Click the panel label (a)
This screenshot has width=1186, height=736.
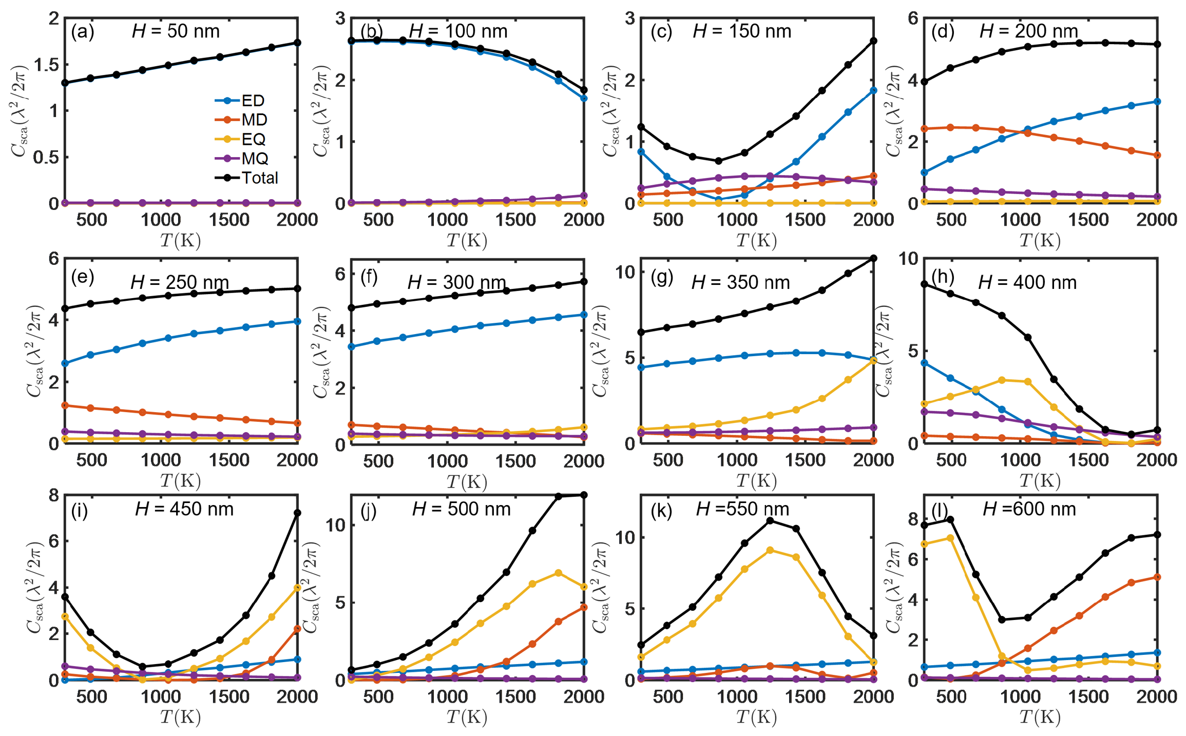tap(82, 32)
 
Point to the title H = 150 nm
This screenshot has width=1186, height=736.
tap(741, 32)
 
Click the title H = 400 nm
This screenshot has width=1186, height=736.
tap(1027, 283)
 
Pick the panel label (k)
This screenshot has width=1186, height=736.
tap(661, 511)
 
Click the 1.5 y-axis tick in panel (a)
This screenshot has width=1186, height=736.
tap(46, 65)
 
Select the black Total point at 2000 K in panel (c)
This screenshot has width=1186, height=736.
tap(873, 41)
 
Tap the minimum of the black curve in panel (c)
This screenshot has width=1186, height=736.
tap(718, 161)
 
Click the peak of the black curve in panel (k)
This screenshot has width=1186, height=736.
tap(770, 521)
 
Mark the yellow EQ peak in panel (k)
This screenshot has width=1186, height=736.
tap(770, 550)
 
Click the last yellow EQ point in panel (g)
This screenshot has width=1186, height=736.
tap(873, 361)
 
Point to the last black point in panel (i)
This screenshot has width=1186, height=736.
tap(297, 513)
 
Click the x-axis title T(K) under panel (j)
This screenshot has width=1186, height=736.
tap(466, 717)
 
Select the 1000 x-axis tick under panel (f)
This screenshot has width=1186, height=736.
tap(447, 461)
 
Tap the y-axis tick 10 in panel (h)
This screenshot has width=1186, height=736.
tap(908, 259)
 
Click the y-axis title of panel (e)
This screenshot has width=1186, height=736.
tap(35, 352)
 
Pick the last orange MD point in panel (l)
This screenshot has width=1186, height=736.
tap(1157, 577)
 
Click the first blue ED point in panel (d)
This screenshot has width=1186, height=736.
tap(924, 172)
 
